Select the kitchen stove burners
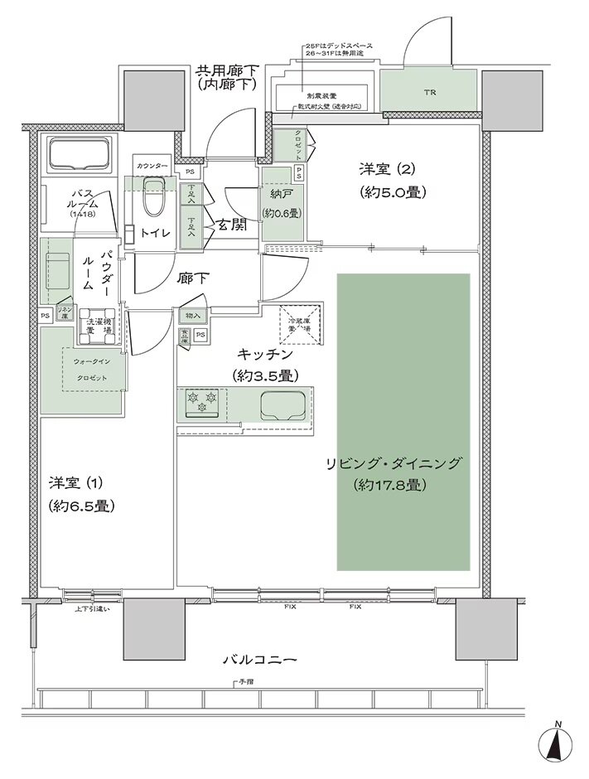(203, 404)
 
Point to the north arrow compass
(559, 746)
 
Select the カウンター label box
(153, 167)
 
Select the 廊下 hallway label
(191, 279)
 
